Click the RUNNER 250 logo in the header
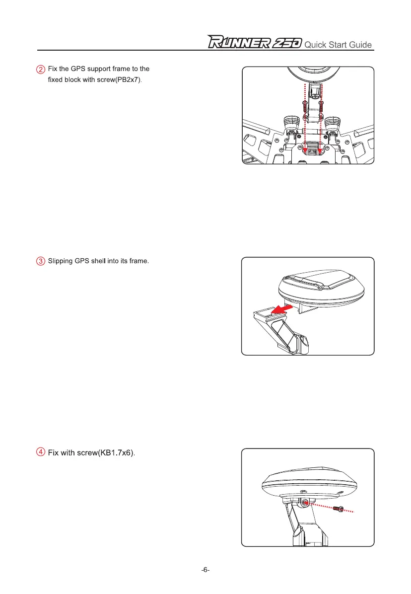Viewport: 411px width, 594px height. point(254,44)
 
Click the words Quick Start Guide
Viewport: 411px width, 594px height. point(338,45)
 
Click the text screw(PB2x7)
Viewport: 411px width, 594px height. point(118,79)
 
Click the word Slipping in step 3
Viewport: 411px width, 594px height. point(60,262)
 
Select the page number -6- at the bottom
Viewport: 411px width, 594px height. point(205,570)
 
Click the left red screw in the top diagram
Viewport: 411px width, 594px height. point(304,105)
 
